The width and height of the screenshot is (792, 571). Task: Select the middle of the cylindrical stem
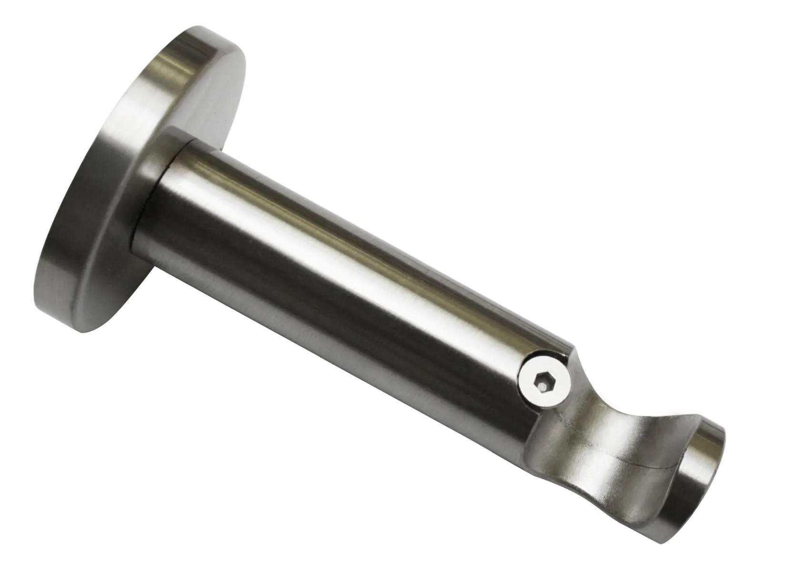coord(343,266)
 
